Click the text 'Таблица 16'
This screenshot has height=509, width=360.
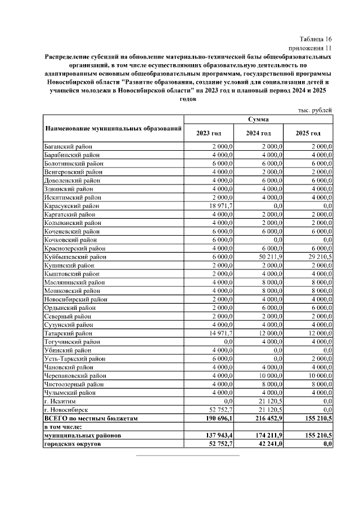click(x=316, y=39)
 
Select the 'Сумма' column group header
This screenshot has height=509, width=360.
click(x=258, y=119)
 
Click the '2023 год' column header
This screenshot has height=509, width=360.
click(x=208, y=133)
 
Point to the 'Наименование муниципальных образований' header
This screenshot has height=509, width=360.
click(x=114, y=129)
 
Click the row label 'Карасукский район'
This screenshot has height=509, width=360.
click(x=72, y=206)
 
